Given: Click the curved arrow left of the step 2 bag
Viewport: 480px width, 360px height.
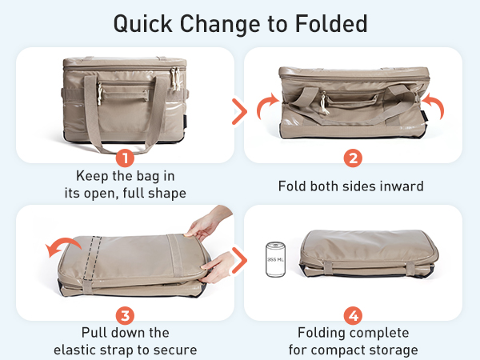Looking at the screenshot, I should point(266,107).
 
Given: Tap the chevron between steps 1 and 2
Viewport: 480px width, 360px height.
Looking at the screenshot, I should point(238,111).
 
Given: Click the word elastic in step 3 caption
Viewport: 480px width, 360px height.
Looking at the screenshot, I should point(77,350).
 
